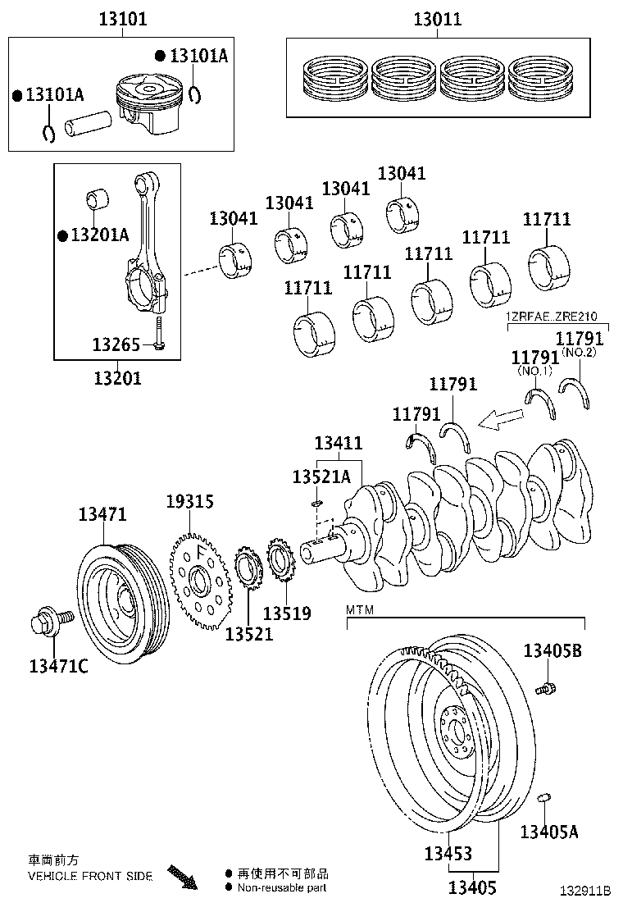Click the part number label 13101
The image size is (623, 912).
122,18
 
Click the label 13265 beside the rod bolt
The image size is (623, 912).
116,344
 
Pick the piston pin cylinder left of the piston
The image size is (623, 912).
90,125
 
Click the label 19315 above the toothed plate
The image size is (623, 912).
189,500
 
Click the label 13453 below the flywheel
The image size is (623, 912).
448,853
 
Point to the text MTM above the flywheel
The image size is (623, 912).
360,610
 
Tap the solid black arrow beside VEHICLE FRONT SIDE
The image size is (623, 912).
183,877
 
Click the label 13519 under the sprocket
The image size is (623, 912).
287,613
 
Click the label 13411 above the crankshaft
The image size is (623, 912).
338,444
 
